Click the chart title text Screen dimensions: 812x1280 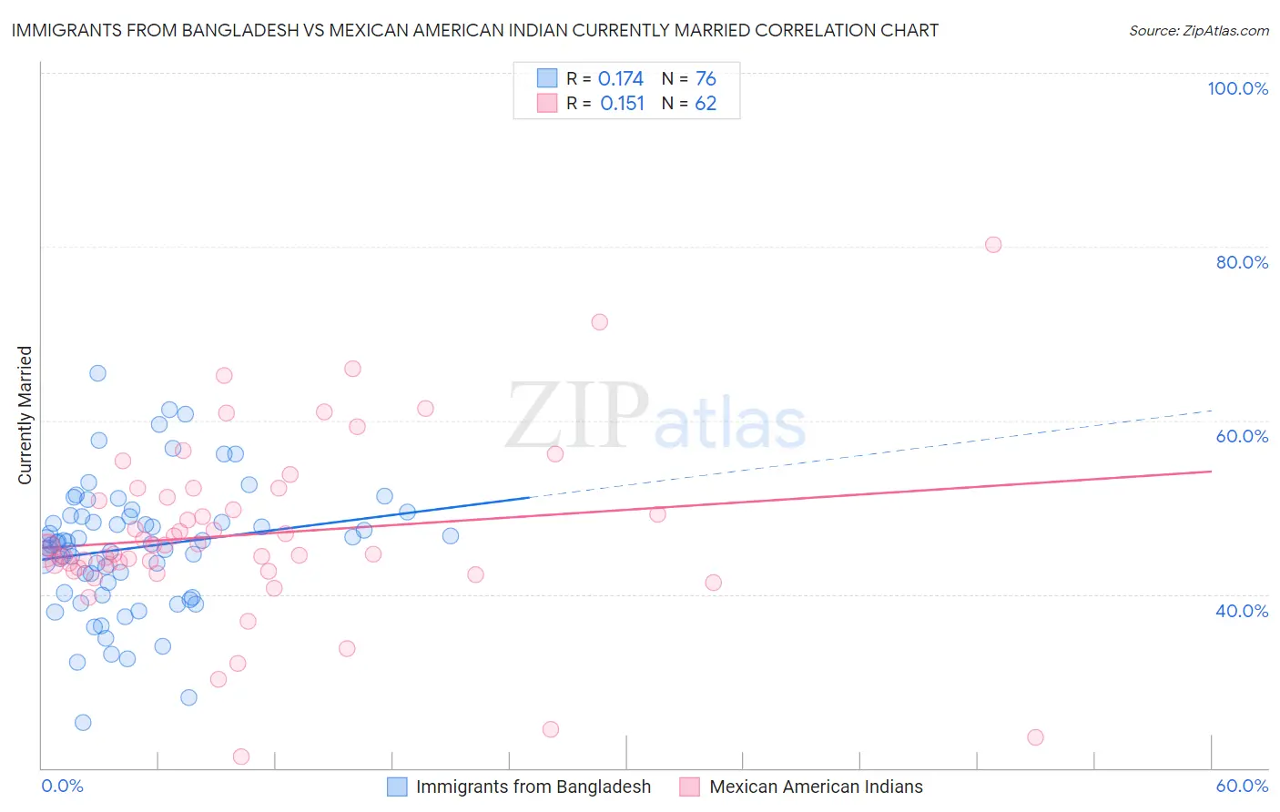[474, 30]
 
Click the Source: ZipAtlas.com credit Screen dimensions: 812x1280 [1198, 31]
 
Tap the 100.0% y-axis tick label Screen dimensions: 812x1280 [1237, 88]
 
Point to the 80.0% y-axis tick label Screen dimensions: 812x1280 [1242, 262]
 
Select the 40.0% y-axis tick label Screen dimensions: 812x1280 [1242, 611]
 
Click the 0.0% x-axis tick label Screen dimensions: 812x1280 [62, 786]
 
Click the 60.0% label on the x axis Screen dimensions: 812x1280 [1242, 786]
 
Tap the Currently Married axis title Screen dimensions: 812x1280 [25, 415]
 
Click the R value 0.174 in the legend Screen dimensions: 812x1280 [621, 79]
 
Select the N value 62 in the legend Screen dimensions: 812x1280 [706, 104]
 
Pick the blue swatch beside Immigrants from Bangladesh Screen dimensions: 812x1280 [397, 787]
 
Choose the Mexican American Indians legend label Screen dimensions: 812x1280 [816, 787]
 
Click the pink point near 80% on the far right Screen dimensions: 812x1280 [993, 245]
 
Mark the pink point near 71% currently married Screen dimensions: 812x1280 [599, 322]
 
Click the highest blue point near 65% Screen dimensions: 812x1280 [97, 373]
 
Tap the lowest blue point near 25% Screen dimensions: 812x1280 [83, 723]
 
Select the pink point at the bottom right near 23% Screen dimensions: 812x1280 [1035, 737]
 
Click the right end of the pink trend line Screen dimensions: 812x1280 [1211, 472]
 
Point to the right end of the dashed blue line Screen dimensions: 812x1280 [1211, 411]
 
